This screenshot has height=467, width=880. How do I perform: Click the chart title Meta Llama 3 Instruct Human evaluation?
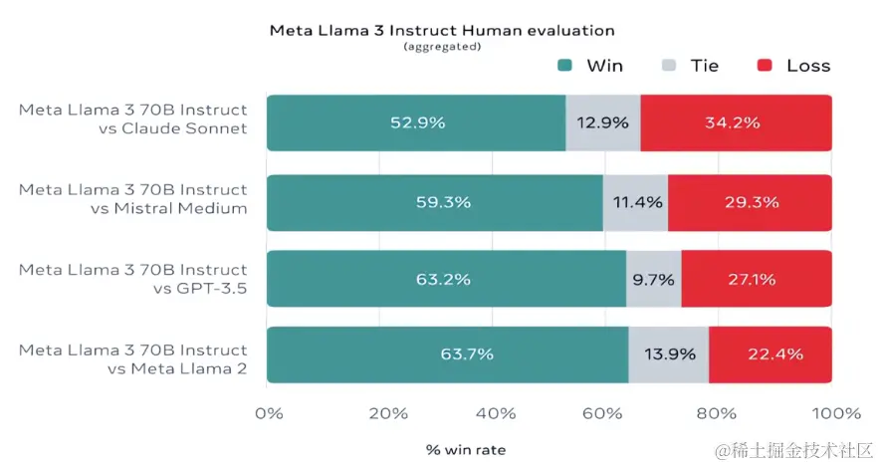(442, 31)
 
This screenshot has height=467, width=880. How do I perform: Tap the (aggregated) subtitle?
(442, 47)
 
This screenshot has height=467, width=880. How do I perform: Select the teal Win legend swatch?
(564, 66)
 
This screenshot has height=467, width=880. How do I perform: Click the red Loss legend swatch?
(765, 66)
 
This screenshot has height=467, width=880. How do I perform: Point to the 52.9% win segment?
(417, 123)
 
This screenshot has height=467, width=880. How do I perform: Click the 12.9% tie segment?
(603, 123)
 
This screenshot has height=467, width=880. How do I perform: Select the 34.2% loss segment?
(736, 123)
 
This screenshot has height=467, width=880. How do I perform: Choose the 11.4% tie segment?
(635, 202)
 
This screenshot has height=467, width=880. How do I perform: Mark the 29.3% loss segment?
(750, 202)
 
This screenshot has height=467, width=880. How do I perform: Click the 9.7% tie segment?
(653, 279)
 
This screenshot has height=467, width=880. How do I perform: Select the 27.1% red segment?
(756, 279)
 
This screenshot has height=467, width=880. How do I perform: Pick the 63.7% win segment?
(448, 354)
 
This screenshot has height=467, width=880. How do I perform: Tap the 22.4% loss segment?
(770, 354)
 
